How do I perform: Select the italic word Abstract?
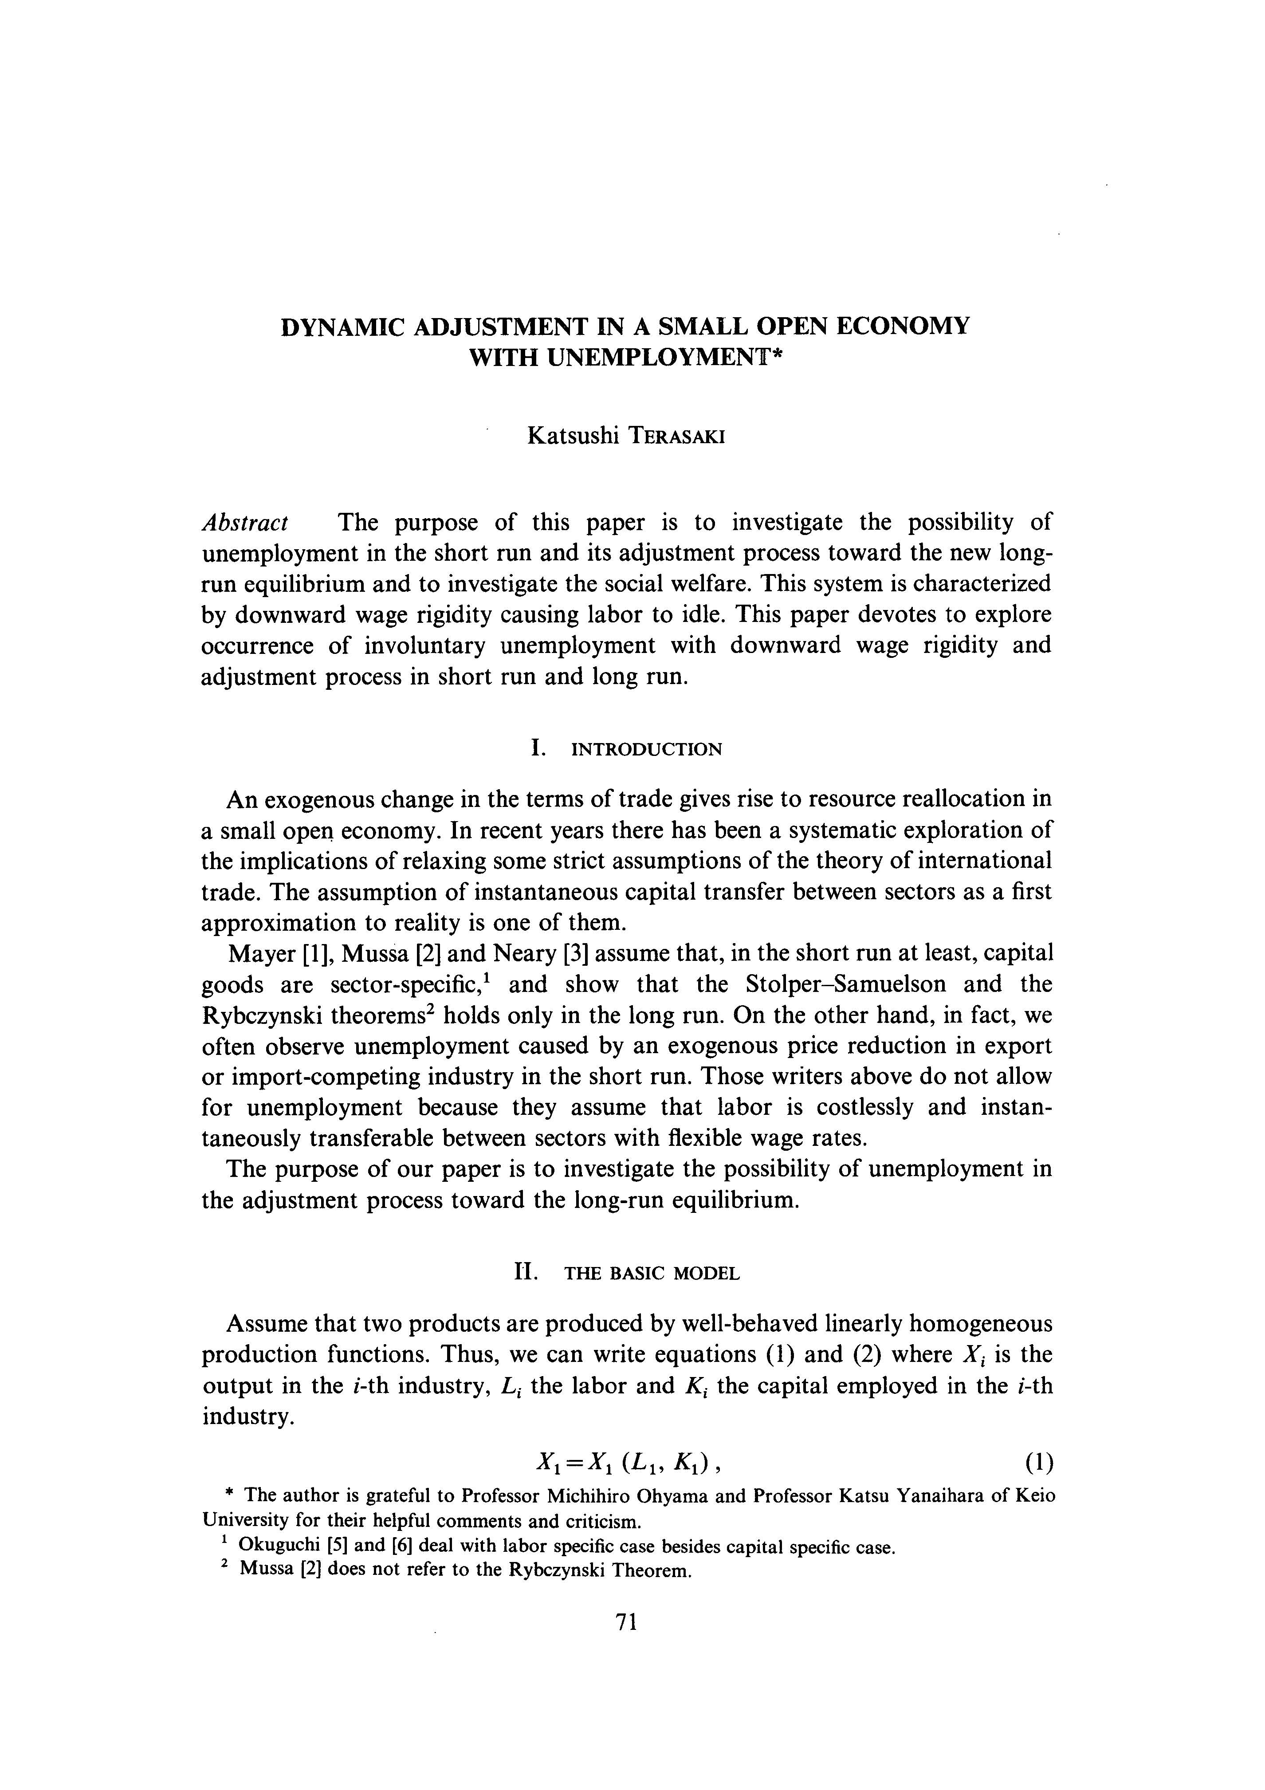pyautogui.click(x=245, y=522)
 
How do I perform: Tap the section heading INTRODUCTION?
pyautogui.click(x=647, y=750)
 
